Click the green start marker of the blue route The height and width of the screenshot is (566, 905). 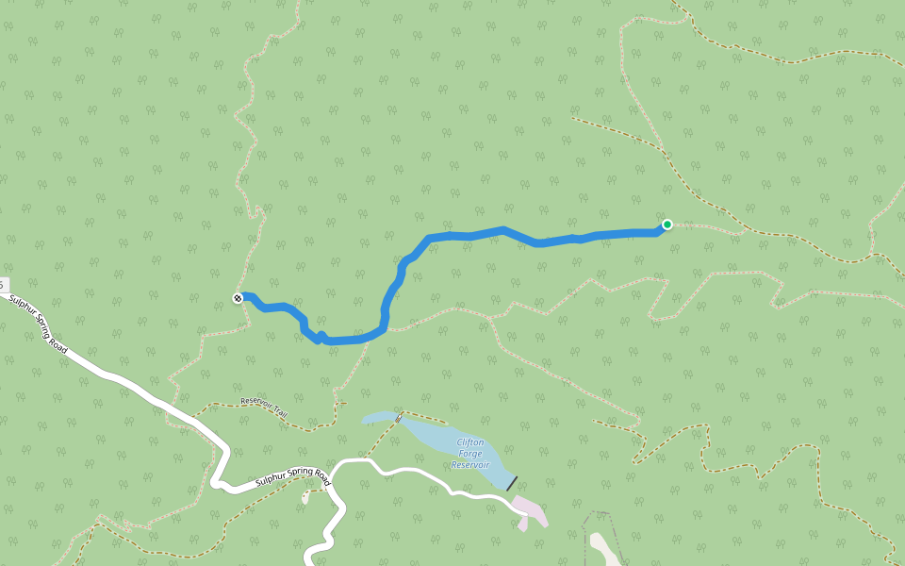pos(667,225)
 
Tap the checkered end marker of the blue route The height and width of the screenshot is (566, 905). pos(238,298)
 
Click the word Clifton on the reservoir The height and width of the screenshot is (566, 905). pos(470,441)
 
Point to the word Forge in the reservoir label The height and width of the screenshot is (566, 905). pos(469,453)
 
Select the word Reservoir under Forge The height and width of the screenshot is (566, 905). pos(469,464)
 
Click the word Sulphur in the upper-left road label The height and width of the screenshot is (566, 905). pos(23,311)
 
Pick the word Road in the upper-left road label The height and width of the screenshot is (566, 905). pos(58,345)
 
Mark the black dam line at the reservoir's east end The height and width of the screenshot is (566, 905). pos(512,484)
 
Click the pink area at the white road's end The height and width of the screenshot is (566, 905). pos(531,510)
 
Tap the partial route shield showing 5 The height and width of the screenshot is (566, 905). pos(3,284)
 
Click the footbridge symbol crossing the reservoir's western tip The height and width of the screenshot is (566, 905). pos(398,417)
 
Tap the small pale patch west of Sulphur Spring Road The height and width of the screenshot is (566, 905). pos(304,497)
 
